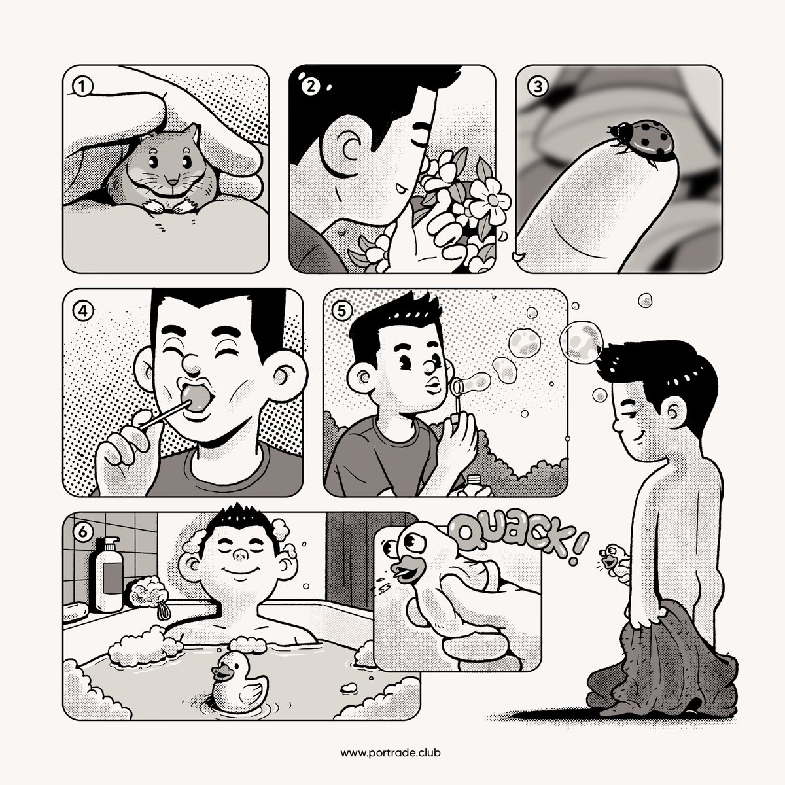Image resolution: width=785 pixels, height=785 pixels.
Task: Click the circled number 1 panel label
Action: pos(82,86)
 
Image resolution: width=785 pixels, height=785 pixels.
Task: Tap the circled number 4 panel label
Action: pos(83,311)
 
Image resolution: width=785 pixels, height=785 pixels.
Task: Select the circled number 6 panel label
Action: pos(83,532)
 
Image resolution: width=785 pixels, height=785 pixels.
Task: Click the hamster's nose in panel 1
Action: pos(173,182)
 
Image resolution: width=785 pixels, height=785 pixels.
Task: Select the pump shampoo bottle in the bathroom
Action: pos(109,574)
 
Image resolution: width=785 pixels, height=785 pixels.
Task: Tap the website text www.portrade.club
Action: pos(391,752)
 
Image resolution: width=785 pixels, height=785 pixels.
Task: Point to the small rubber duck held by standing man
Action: pos(613,561)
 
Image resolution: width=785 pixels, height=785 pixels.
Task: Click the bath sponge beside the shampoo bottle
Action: pos(147,592)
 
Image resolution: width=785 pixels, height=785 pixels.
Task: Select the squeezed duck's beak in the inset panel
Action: pos(408,570)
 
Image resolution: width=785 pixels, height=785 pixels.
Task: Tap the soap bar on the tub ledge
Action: pos(75,612)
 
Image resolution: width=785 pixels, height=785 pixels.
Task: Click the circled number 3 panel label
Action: pos(537,86)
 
